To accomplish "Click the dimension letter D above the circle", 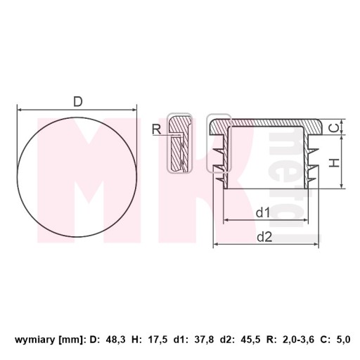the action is coord(78,102).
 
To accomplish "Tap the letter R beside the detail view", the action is coord(157,129).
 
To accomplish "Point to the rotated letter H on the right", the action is coord(334,162).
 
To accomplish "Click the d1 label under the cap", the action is coord(263,212).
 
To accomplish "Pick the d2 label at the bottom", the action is coord(264,237).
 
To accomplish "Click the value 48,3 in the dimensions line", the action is coord(116,340).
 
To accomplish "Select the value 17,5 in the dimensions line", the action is coord(157,340).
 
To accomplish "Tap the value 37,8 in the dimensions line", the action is coord(204,340).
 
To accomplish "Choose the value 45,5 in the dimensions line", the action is coord(250,340).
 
